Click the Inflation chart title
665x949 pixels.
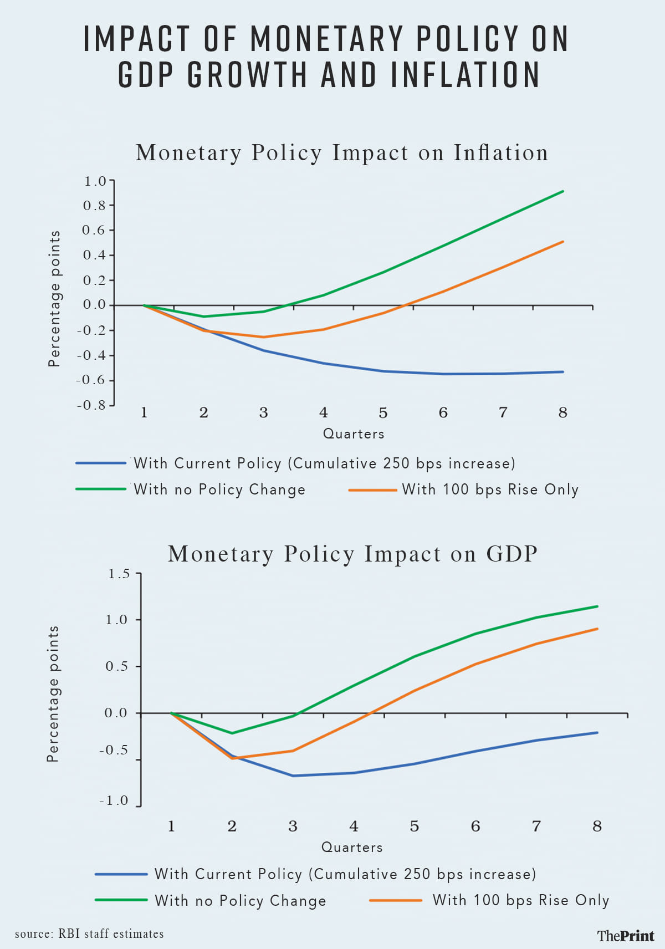point(342,153)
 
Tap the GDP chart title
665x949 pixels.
point(353,554)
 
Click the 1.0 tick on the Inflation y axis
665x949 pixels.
point(95,181)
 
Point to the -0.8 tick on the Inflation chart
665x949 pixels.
point(91,405)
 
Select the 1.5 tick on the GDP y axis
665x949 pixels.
point(119,574)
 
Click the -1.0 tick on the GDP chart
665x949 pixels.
point(114,800)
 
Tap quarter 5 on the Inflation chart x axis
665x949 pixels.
point(383,413)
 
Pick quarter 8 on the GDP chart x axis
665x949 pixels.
point(597,826)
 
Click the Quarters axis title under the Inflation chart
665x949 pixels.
point(354,434)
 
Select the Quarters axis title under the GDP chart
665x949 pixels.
point(352,848)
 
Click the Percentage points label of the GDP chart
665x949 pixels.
point(53,694)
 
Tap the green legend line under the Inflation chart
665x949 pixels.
point(101,489)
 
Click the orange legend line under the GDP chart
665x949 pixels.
point(396,900)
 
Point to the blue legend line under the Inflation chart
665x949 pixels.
point(101,463)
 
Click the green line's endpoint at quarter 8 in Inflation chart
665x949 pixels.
point(563,191)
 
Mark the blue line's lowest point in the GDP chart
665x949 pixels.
point(293,775)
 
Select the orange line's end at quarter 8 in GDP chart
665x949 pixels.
point(597,629)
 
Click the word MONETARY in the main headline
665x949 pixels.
point(327,39)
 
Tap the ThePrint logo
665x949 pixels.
point(626,936)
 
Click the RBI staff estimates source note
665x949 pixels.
point(89,934)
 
